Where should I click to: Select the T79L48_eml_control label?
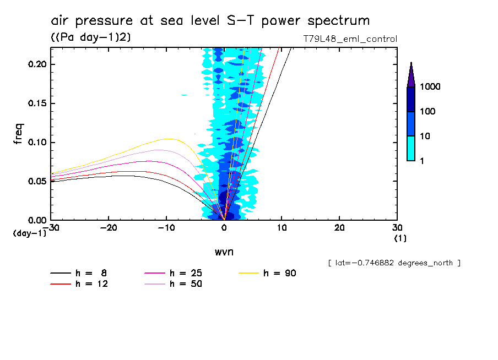350,39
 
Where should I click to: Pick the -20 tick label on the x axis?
109,228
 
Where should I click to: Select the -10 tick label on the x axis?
166,228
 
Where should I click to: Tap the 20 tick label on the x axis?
339,228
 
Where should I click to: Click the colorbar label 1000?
431,87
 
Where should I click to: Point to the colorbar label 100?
429,112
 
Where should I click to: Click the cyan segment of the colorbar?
411,148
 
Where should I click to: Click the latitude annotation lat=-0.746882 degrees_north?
394,263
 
